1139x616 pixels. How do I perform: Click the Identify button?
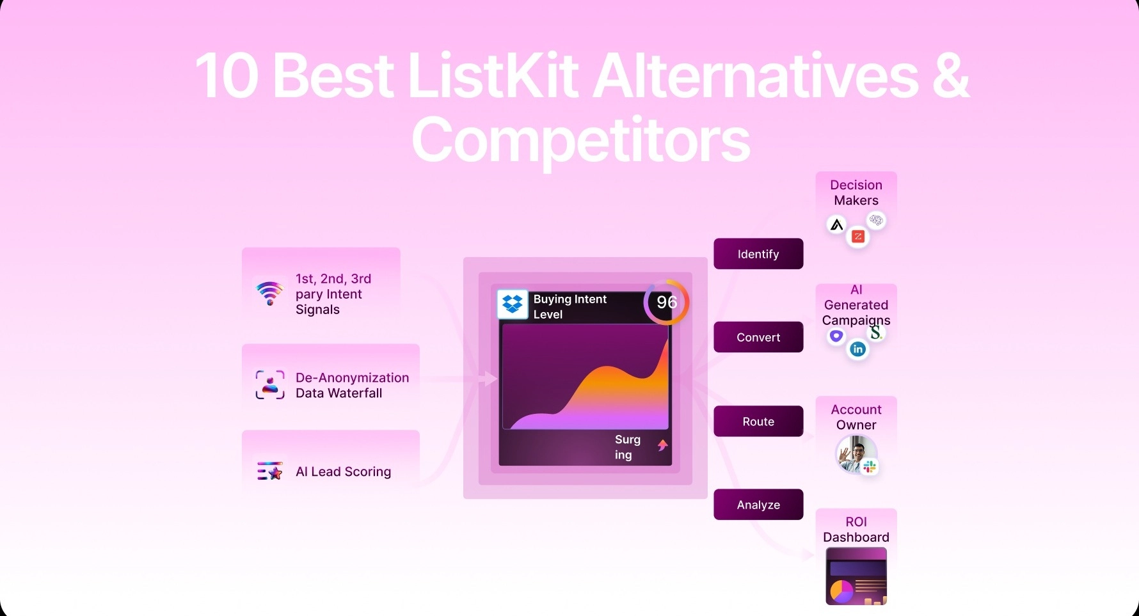pos(758,254)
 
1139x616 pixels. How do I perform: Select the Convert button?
pos(758,337)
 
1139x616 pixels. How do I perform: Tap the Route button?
pos(758,422)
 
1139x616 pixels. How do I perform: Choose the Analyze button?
pos(758,505)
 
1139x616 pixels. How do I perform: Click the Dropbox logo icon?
pos(513,304)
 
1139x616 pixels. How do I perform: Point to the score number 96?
pos(667,302)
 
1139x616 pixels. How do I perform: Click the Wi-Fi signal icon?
pos(270,293)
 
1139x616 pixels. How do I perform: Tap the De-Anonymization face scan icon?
pos(270,384)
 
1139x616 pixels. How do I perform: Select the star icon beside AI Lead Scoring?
pos(275,473)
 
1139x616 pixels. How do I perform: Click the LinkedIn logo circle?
pos(858,349)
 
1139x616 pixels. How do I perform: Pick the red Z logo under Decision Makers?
pos(858,237)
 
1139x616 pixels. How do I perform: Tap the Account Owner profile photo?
pos(855,454)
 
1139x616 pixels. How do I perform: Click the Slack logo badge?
pos(870,468)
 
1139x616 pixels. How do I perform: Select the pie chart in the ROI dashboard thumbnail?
pos(841,590)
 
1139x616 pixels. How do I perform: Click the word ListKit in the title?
pos(493,76)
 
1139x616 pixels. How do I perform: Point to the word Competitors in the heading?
pos(581,140)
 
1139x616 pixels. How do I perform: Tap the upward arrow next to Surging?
pos(663,445)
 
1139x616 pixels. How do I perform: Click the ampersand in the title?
pos(951,76)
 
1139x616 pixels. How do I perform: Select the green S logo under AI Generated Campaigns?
pos(876,333)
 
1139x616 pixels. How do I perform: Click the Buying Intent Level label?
pos(569,306)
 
